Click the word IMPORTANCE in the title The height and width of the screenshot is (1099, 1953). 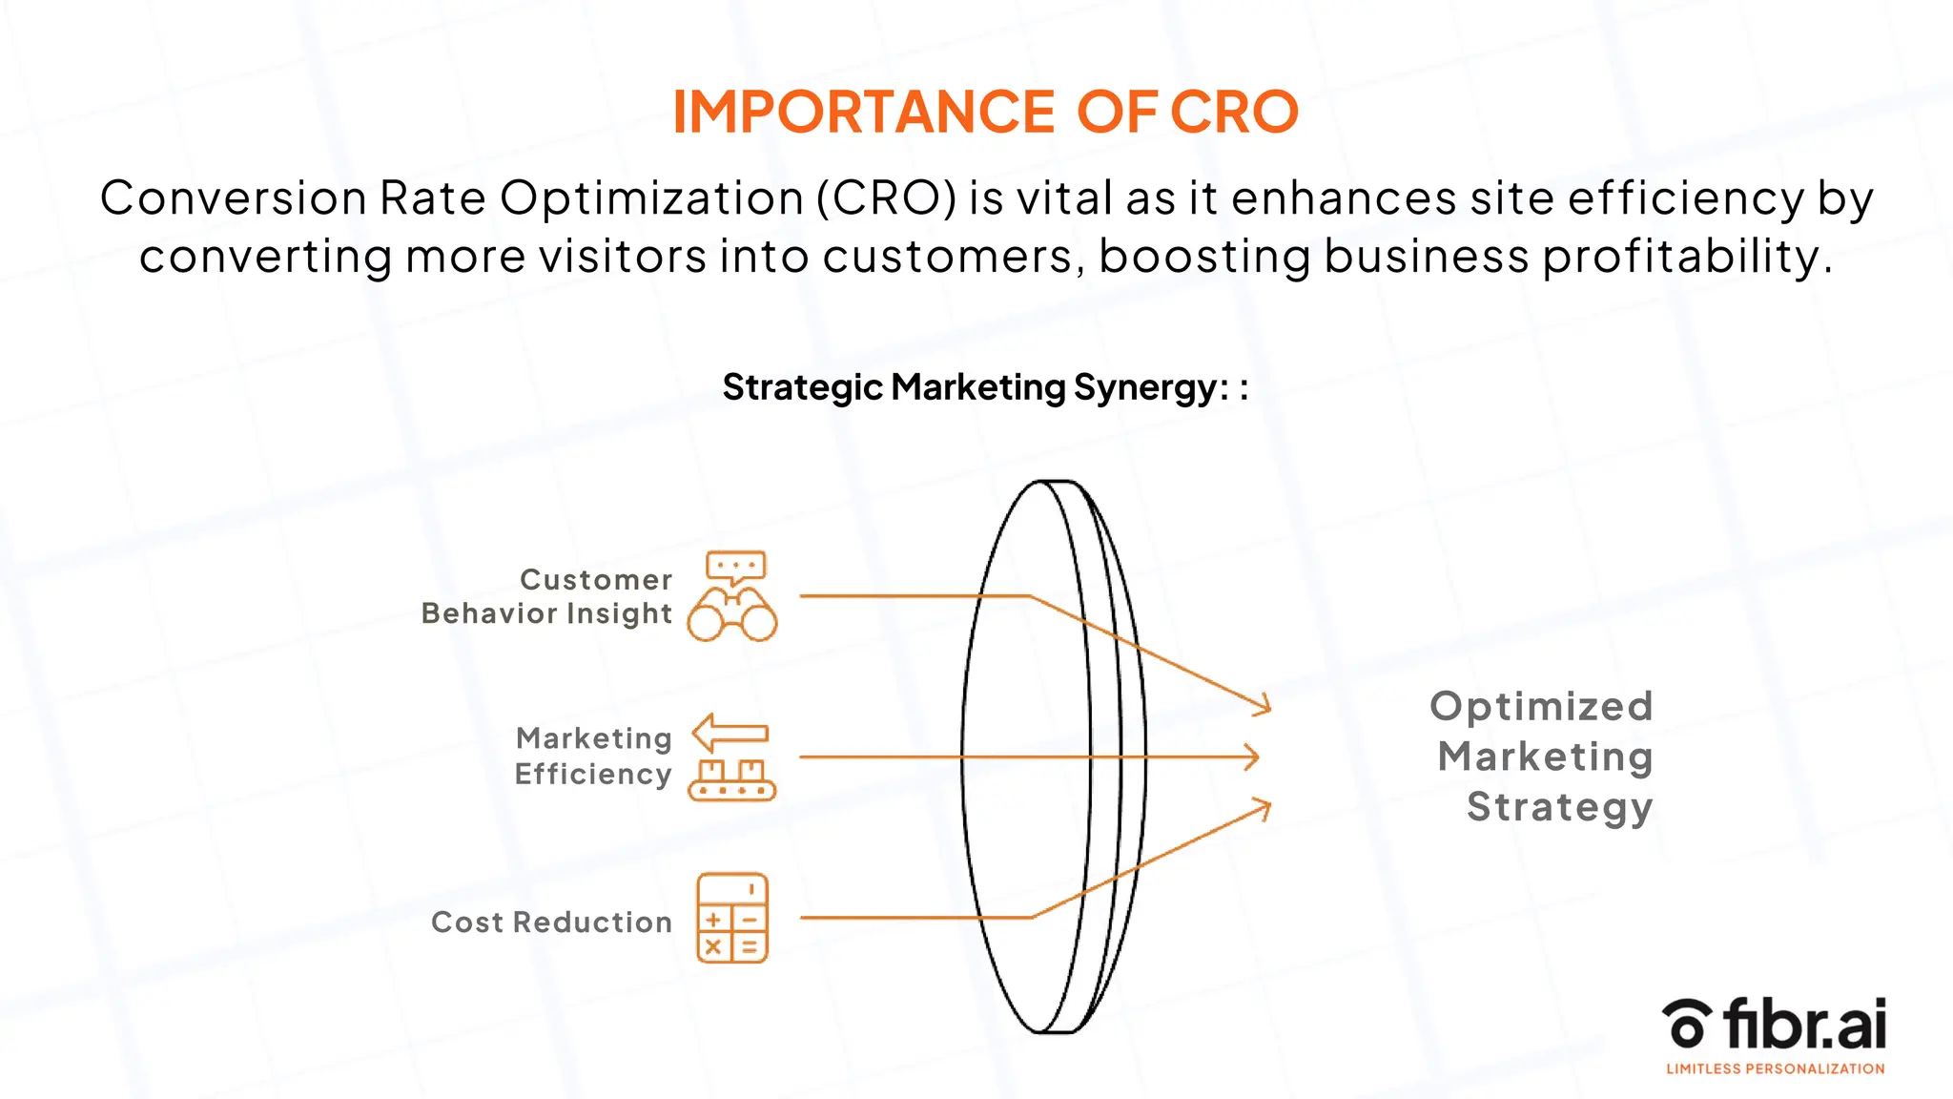(863, 112)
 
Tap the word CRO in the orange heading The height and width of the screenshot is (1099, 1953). (1234, 112)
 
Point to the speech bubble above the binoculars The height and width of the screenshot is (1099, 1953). (735, 567)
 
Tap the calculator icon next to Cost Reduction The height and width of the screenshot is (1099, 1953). (732, 918)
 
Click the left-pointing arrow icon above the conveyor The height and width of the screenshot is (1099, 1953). (730, 733)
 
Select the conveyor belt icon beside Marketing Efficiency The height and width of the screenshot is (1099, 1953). (732, 779)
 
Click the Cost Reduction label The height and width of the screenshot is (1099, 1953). (551, 922)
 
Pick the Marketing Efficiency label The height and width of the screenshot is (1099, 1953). (593, 756)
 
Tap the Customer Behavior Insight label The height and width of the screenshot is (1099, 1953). (547, 596)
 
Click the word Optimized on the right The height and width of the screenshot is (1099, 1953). (1541, 707)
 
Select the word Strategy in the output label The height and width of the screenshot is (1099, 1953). (1559, 807)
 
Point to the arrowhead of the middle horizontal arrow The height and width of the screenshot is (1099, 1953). (1254, 757)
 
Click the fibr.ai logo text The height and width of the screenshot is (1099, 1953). (1804, 1024)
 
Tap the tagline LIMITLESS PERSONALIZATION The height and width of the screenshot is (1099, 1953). (1775, 1069)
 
